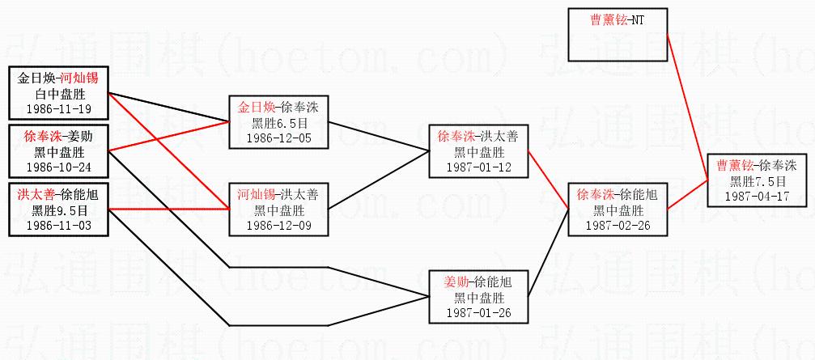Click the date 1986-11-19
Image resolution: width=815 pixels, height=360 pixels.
58,108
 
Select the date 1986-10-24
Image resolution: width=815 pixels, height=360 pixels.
58,167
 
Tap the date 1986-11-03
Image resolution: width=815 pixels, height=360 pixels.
58,226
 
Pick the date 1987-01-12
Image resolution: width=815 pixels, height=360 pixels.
479,167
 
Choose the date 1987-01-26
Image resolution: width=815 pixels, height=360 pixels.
479,312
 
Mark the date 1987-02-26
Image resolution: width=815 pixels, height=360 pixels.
618,225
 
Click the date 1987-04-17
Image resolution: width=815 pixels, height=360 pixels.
757,196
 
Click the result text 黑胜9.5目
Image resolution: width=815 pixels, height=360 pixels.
58,211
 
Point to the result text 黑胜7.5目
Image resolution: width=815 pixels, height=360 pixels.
757,181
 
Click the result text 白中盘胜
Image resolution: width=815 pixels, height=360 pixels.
58,94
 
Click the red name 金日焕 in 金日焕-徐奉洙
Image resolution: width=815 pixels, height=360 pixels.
254,108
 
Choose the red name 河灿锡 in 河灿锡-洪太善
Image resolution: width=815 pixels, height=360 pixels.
254,196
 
